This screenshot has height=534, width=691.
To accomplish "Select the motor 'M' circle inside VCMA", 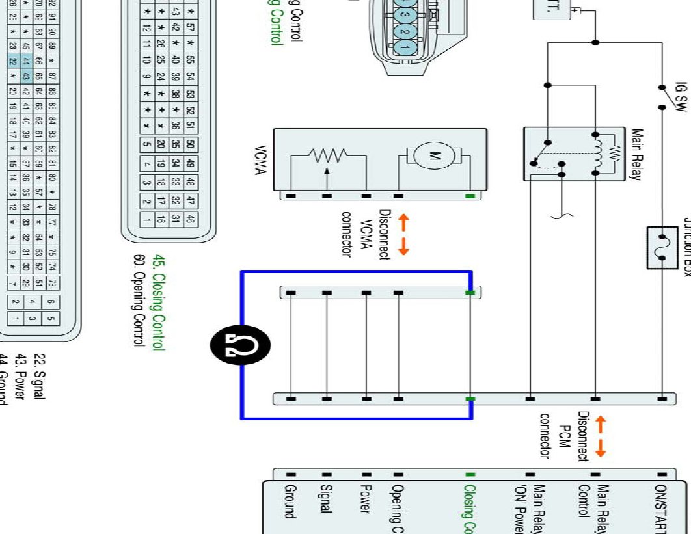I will click(435, 156).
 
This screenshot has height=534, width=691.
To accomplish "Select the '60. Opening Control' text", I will click(138, 301).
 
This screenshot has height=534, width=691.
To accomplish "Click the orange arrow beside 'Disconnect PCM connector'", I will click(601, 436).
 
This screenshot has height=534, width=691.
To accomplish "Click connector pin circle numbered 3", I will click(405, 14).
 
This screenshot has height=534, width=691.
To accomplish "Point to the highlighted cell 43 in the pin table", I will click(27, 76).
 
